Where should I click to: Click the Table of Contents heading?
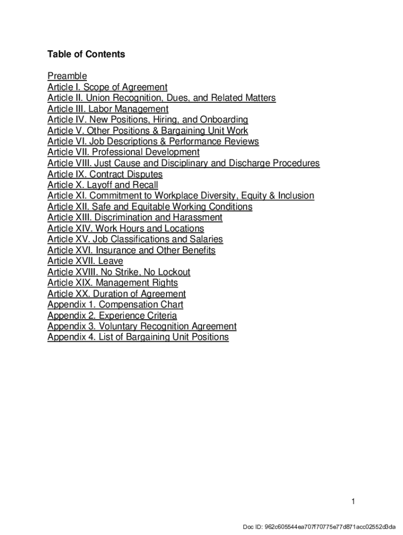(x=86, y=54)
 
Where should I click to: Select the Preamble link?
(x=67, y=76)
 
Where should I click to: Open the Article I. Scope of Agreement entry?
(x=107, y=87)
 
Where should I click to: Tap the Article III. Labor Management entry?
(x=108, y=109)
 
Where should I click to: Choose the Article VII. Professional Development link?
(x=124, y=153)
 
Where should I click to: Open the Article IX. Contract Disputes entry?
(x=105, y=175)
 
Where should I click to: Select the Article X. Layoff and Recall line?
(x=103, y=185)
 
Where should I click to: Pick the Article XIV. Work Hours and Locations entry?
(x=126, y=229)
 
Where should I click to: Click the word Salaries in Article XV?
(x=206, y=239)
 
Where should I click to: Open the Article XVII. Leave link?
(x=85, y=261)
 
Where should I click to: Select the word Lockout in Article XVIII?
(x=173, y=272)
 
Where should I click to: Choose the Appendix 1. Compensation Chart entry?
(x=115, y=305)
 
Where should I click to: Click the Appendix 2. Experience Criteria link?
(x=112, y=316)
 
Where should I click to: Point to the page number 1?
(x=353, y=502)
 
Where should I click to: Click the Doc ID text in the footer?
(x=318, y=526)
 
